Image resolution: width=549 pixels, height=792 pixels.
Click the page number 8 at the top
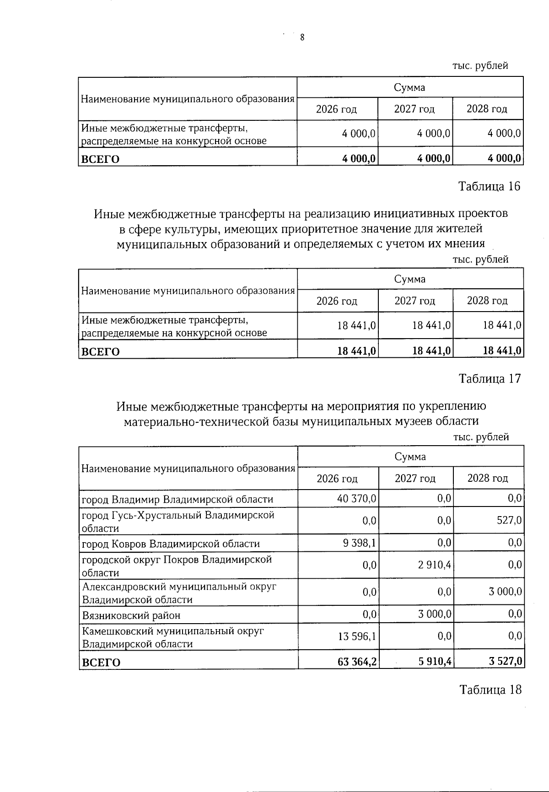(x=302, y=38)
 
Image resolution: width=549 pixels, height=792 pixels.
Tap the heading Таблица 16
(x=489, y=187)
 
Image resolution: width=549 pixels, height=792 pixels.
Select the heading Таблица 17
(x=490, y=379)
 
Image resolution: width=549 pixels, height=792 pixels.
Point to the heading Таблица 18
(x=490, y=690)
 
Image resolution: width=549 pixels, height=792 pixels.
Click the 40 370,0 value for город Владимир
(x=356, y=499)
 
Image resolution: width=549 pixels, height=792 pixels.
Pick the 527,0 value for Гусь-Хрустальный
(x=511, y=521)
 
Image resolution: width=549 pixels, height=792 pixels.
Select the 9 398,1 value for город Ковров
(x=360, y=543)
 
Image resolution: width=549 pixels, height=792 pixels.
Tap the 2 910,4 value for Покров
(x=434, y=565)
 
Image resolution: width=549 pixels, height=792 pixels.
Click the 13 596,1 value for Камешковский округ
(x=356, y=636)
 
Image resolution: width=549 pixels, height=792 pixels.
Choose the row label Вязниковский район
(x=131, y=615)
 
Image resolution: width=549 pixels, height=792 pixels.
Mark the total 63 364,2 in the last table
(x=357, y=662)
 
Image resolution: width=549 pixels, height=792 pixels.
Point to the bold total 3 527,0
(x=505, y=662)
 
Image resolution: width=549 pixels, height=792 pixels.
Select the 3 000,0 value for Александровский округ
(x=505, y=592)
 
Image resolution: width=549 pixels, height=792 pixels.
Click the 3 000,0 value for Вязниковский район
(x=434, y=614)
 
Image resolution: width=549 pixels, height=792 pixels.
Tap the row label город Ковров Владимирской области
(x=170, y=544)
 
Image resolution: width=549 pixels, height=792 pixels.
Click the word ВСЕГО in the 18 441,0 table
(x=100, y=351)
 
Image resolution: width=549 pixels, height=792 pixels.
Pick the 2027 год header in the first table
(x=414, y=109)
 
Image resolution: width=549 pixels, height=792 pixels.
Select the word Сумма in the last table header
(x=410, y=457)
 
